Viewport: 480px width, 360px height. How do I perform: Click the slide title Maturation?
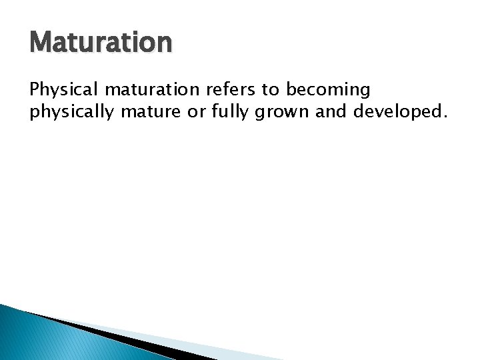pyautogui.click(x=101, y=41)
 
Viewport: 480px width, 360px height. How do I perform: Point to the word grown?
pyautogui.click(x=287, y=111)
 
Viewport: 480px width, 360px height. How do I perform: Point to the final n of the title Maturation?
pyautogui.click(x=164, y=43)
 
